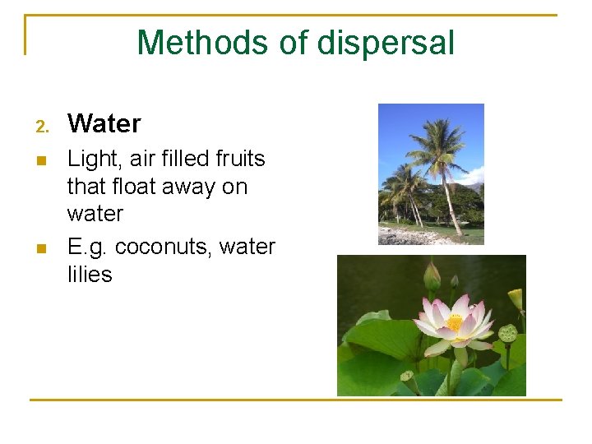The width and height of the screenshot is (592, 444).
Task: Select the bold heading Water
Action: click(104, 124)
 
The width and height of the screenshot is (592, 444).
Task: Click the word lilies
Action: click(90, 275)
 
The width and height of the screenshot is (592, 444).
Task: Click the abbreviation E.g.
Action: click(88, 247)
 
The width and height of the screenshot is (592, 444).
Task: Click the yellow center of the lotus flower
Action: click(454, 323)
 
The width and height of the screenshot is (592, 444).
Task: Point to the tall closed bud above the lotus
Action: click(431, 275)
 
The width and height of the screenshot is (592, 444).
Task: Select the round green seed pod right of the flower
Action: click(508, 333)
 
